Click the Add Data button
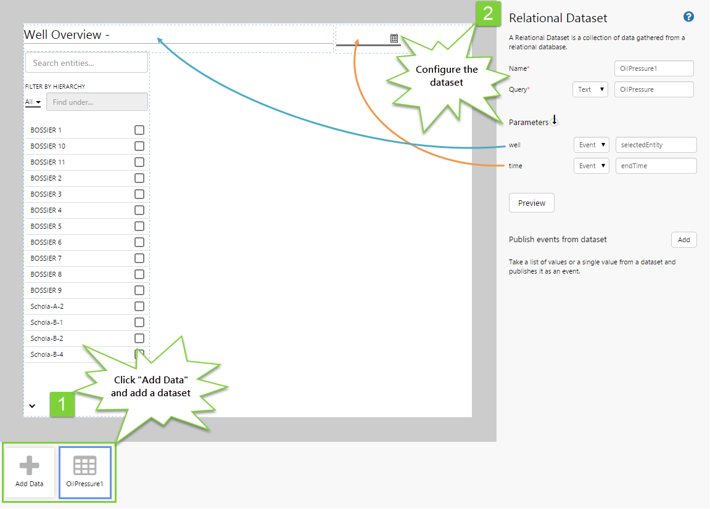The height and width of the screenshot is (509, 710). (x=30, y=472)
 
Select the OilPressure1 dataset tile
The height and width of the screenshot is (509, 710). (x=85, y=472)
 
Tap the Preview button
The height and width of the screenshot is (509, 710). (x=531, y=203)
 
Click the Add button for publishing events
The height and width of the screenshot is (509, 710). (x=683, y=240)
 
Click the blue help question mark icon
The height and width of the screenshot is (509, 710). (x=689, y=17)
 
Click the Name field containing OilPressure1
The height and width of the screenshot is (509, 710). (x=654, y=68)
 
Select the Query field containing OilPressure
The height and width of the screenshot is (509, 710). (x=654, y=89)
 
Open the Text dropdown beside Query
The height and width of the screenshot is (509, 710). (x=590, y=89)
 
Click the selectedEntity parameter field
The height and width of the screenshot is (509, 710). (x=656, y=145)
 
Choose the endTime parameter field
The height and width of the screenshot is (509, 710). (x=656, y=166)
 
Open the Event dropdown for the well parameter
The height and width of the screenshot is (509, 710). (x=591, y=145)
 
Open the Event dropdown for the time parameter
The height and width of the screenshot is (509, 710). (x=591, y=166)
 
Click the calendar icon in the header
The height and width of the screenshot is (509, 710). (x=394, y=38)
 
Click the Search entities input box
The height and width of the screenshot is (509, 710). (x=86, y=63)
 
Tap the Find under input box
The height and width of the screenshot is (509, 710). (x=97, y=102)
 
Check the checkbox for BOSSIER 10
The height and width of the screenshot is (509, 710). (x=139, y=146)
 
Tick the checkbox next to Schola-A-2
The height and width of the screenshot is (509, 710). (x=139, y=306)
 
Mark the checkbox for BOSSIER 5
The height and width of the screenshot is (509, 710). (x=139, y=226)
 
